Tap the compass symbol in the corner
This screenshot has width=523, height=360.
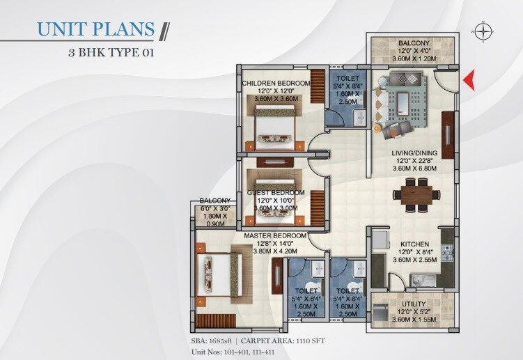(481, 31)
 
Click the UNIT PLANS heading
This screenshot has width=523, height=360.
(95, 29)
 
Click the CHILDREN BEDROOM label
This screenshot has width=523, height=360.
(276, 84)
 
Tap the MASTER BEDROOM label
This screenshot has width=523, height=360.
(275, 237)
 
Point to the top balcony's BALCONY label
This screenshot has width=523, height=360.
(414, 42)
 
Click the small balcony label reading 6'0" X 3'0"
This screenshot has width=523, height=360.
(214, 208)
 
